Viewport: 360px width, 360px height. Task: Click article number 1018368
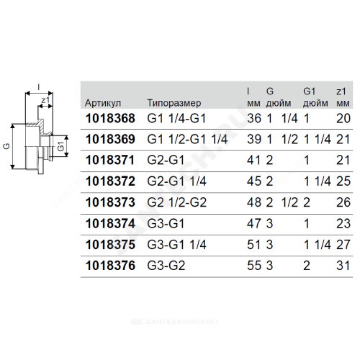(x=110, y=118)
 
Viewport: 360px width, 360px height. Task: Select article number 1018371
(x=110, y=160)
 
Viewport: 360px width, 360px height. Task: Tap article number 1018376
(x=110, y=265)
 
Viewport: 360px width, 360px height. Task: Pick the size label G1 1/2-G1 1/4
(x=187, y=139)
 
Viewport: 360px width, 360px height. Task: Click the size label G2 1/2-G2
(x=177, y=202)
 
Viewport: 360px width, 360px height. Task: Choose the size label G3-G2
(x=166, y=265)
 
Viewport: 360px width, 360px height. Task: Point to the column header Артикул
(x=103, y=103)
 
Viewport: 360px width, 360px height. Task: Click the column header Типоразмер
(x=174, y=103)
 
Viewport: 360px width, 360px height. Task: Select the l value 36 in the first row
(x=254, y=118)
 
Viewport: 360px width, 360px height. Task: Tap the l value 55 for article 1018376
(x=254, y=265)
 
